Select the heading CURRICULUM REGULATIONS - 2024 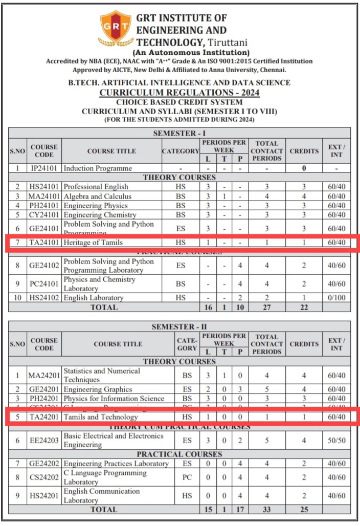pyautogui.click(x=179, y=93)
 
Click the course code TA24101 pyautogui.click(x=44, y=243)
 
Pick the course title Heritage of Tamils pyautogui.click(x=93, y=243)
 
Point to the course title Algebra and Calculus pyautogui.click(x=97, y=196)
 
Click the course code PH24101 pyautogui.click(x=44, y=206)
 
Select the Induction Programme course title pyautogui.click(x=98, y=168)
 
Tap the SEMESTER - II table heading pyautogui.click(x=179, y=326)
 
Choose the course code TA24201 pyautogui.click(x=44, y=418)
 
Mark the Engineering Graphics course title pyautogui.click(x=98, y=389)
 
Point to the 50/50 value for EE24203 pyautogui.click(x=336, y=441)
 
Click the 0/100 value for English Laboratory pyautogui.click(x=336, y=298)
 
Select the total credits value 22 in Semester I pyautogui.click(x=304, y=307)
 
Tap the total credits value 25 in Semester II pyautogui.click(x=304, y=510)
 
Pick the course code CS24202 pyautogui.click(x=44, y=477)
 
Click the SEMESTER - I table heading pyautogui.click(x=179, y=133)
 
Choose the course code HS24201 pyautogui.click(x=44, y=496)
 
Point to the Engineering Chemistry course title pyautogui.click(x=100, y=215)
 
